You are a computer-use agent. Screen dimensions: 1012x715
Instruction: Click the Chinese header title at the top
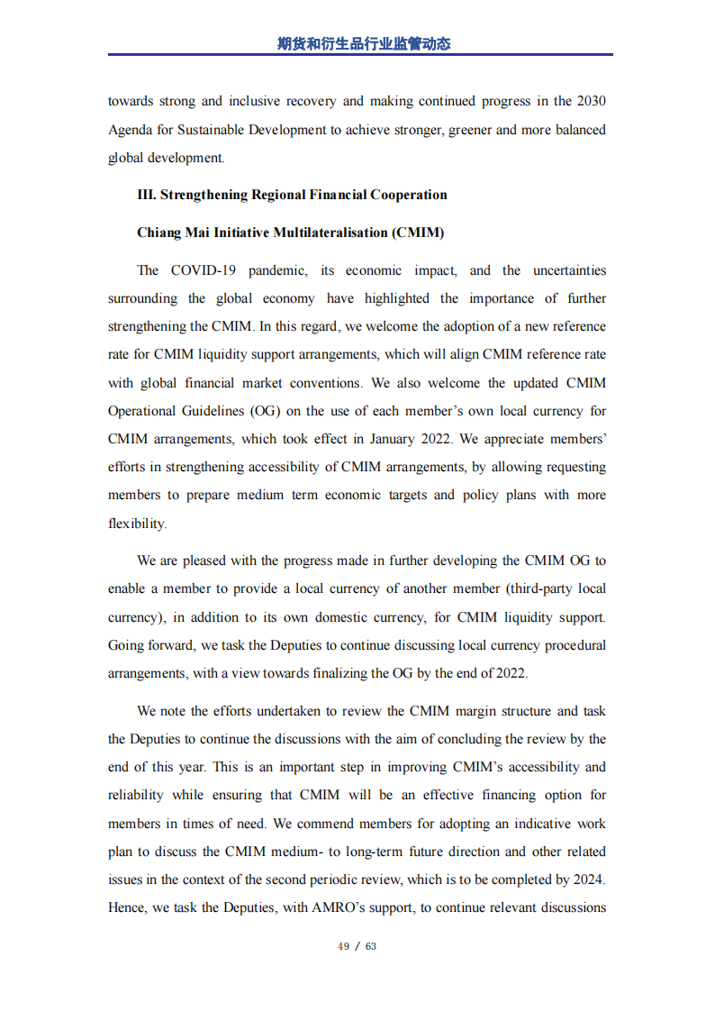click(x=363, y=43)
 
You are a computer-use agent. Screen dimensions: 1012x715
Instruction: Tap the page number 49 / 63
click(x=357, y=946)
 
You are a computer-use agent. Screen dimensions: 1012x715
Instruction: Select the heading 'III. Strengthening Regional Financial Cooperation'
click(x=292, y=195)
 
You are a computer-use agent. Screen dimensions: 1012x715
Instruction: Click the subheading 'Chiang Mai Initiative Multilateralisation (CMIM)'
click(x=290, y=232)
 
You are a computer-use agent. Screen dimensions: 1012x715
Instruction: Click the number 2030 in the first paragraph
click(x=591, y=101)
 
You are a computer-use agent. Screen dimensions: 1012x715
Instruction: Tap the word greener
click(x=469, y=130)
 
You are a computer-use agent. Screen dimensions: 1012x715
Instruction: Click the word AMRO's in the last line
click(x=339, y=907)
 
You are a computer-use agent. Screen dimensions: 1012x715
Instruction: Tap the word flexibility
click(x=137, y=524)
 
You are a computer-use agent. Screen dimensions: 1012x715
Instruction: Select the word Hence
click(x=127, y=907)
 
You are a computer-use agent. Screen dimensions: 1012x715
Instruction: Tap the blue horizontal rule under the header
click(x=360, y=56)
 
